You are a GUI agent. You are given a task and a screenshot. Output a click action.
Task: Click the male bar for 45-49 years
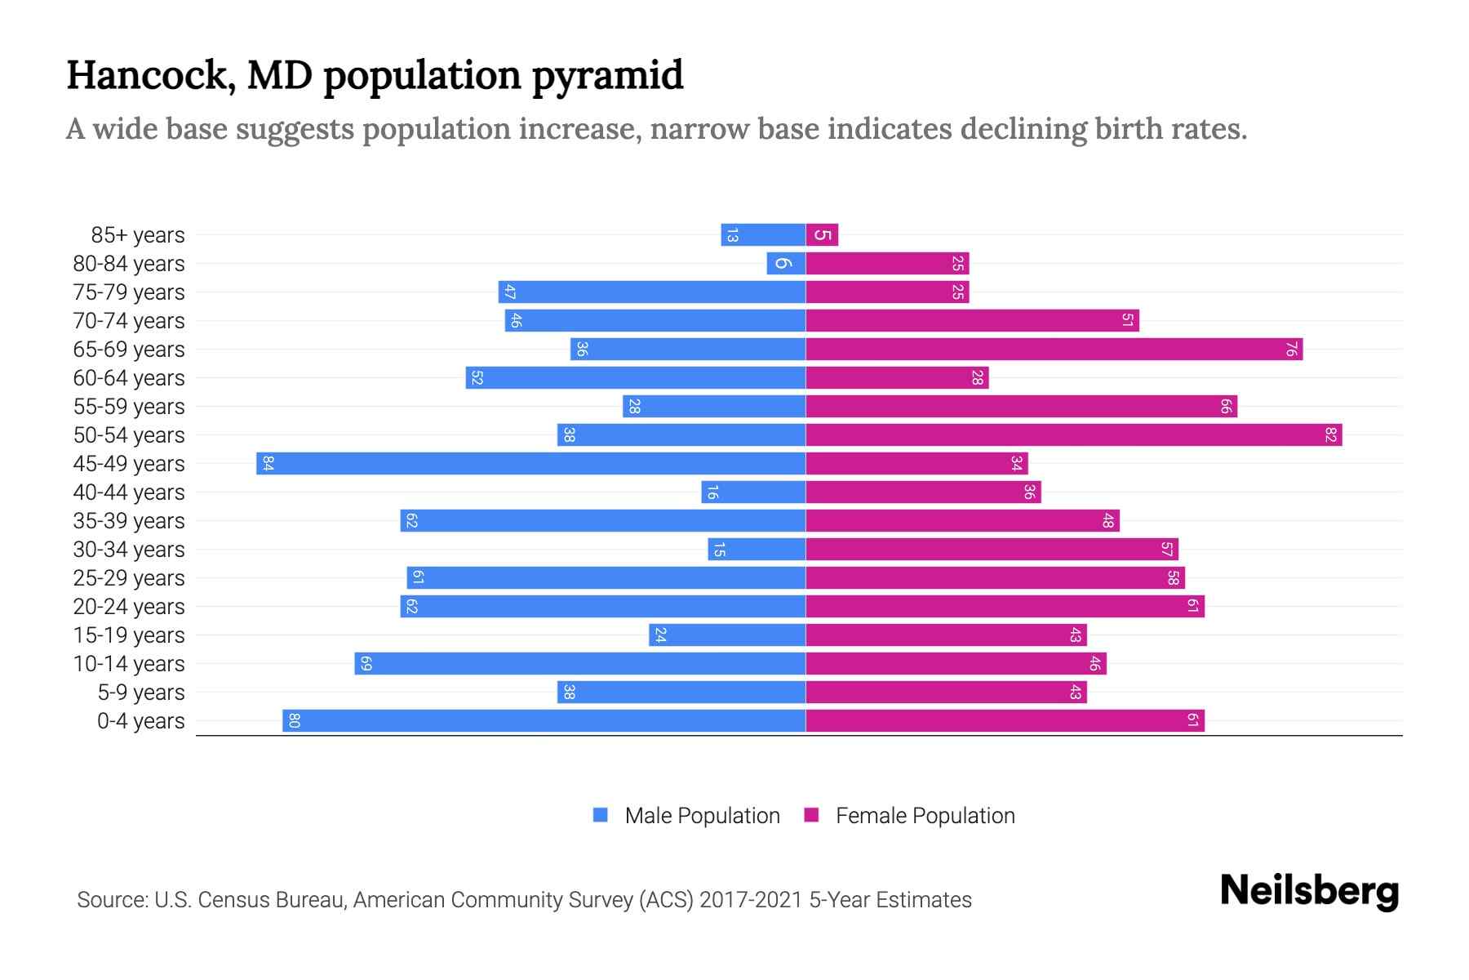[530, 463]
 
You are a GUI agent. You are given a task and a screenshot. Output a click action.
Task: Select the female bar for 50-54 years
[1073, 434]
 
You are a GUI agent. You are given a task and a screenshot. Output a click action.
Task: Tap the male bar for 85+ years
[763, 235]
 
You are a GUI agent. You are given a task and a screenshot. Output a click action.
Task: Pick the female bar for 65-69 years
[1053, 349]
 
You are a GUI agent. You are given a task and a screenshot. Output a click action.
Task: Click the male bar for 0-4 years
[544, 720]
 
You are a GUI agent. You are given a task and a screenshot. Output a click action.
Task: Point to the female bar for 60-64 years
[897, 377]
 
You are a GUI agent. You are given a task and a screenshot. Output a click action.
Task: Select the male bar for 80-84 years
[786, 263]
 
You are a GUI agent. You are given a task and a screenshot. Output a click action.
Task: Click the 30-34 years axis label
[129, 550]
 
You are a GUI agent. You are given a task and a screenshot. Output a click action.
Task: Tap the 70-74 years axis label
[129, 321]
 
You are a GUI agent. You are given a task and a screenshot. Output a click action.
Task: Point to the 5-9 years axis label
[140, 693]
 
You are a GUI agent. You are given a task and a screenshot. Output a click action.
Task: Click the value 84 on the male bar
[268, 463]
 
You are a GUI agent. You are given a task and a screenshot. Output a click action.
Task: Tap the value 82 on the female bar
[1330, 434]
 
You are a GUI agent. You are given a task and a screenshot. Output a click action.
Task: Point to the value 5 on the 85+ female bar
[823, 235]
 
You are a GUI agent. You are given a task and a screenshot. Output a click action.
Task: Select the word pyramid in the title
[607, 76]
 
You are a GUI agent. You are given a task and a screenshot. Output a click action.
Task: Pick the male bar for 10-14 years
[579, 663]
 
